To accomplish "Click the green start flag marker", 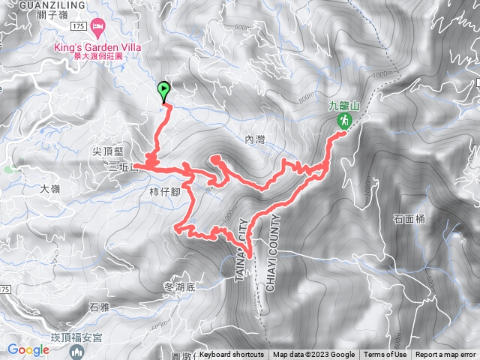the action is (x=164, y=91).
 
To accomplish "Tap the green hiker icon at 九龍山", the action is (x=343, y=121).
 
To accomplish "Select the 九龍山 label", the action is (x=343, y=106).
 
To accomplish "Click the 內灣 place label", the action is (x=256, y=139).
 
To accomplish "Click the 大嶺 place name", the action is (x=50, y=189).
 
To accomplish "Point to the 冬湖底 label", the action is (x=178, y=286).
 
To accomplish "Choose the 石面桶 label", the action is (x=408, y=219).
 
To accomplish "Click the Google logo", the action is (x=28, y=349).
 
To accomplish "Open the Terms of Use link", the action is (x=385, y=355).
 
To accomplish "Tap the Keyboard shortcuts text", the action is (x=232, y=355).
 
